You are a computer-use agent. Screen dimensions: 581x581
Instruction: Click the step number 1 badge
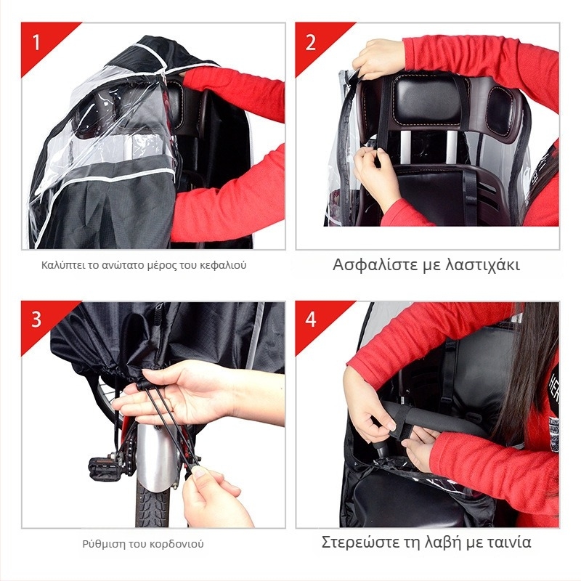pyautogui.click(x=36, y=42)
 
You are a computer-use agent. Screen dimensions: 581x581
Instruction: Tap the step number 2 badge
pyautogui.click(x=311, y=42)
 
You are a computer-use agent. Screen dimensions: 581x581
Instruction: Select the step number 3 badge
pyautogui.click(x=36, y=319)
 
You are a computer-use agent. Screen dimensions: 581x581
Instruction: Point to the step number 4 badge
pyautogui.click(x=311, y=319)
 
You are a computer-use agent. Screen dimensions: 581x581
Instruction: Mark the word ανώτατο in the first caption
pyautogui.click(x=122, y=266)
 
